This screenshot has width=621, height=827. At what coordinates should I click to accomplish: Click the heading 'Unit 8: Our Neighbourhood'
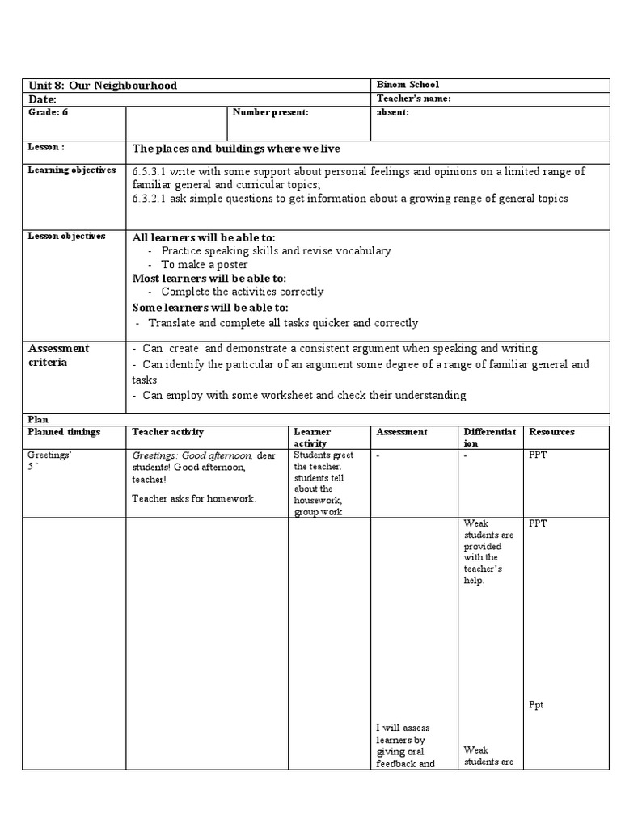pyautogui.click(x=103, y=86)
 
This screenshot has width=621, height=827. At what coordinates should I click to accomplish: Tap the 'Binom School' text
pyautogui.click(x=408, y=85)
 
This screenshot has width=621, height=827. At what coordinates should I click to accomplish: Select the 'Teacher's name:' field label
pyautogui.click(x=413, y=99)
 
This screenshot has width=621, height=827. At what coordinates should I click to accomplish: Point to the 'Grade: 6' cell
pyautogui.click(x=49, y=112)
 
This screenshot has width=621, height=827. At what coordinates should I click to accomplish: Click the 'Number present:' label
pyautogui.click(x=270, y=112)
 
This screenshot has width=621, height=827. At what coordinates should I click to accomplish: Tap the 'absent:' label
pyautogui.click(x=393, y=112)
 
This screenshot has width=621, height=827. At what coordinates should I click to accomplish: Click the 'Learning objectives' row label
pyautogui.click(x=72, y=170)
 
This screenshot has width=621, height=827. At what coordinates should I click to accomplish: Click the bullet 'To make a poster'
pyautogui.click(x=204, y=265)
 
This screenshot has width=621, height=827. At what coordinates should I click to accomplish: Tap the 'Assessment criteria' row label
pyautogui.click(x=58, y=355)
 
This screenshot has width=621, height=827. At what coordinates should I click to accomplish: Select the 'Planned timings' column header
pyautogui.click(x=64, y=432)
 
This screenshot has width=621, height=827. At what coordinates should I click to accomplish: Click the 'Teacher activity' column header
pyautogui.click(x=168, y=432)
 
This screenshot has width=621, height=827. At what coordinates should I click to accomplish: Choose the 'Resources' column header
pyautogui.click(x=551, y=432)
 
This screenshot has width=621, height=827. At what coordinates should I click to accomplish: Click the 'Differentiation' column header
pyautogui.click(x=488, y=437)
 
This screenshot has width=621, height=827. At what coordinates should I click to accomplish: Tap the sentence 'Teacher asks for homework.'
pyautogui.click(x=194, y=498)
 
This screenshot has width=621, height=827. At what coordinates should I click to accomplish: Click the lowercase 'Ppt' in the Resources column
pyautogui.click(x=536, y=705)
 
